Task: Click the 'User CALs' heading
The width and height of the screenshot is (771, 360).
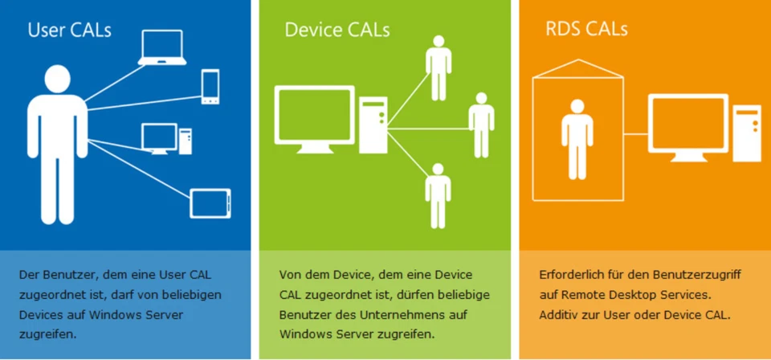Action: (69, 31)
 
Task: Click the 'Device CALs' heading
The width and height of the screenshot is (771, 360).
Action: (337, 31)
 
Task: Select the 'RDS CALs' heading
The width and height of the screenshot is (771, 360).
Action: (586, 30)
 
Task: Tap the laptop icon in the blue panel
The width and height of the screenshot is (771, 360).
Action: (161, 48)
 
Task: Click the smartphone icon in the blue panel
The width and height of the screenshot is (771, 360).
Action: (210, 87)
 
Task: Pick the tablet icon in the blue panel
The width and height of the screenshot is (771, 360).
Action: (210, 203)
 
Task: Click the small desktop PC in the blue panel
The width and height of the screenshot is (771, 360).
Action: (165, 139)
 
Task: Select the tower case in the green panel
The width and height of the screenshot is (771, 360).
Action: (373, 125)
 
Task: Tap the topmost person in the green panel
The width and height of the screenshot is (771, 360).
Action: (438, 67)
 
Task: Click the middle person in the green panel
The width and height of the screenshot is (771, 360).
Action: (481, 125)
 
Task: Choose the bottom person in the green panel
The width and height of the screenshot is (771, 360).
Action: (438, 195)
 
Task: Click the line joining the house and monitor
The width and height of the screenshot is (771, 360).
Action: (636, 133)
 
